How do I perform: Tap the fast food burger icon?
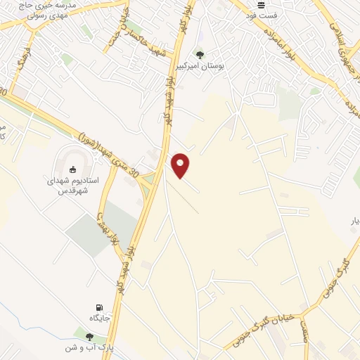[x=262, y=5]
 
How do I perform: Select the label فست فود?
[x=266, y=15]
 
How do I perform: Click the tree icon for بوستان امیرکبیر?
[x=200, y=54]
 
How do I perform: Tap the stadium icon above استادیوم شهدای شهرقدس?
[x=73, y=169]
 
